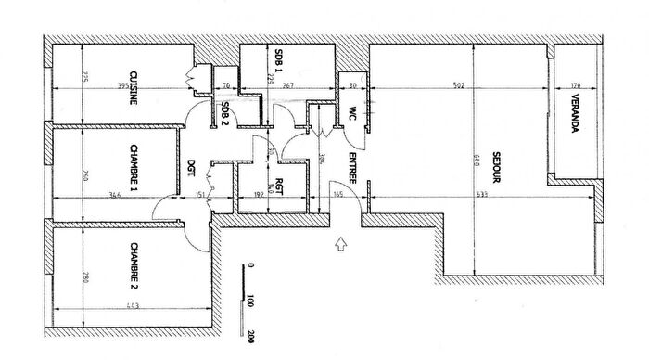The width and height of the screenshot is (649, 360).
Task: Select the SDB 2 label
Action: [225, 112]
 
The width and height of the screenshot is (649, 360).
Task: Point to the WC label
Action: [352, 112]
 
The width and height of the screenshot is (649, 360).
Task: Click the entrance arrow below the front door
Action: [340, 244]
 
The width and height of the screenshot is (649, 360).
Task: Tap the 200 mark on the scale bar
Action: [250, 334]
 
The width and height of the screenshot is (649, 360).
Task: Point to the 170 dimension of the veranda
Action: [575, 85]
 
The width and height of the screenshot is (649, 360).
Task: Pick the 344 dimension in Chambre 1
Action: [114, 194]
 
